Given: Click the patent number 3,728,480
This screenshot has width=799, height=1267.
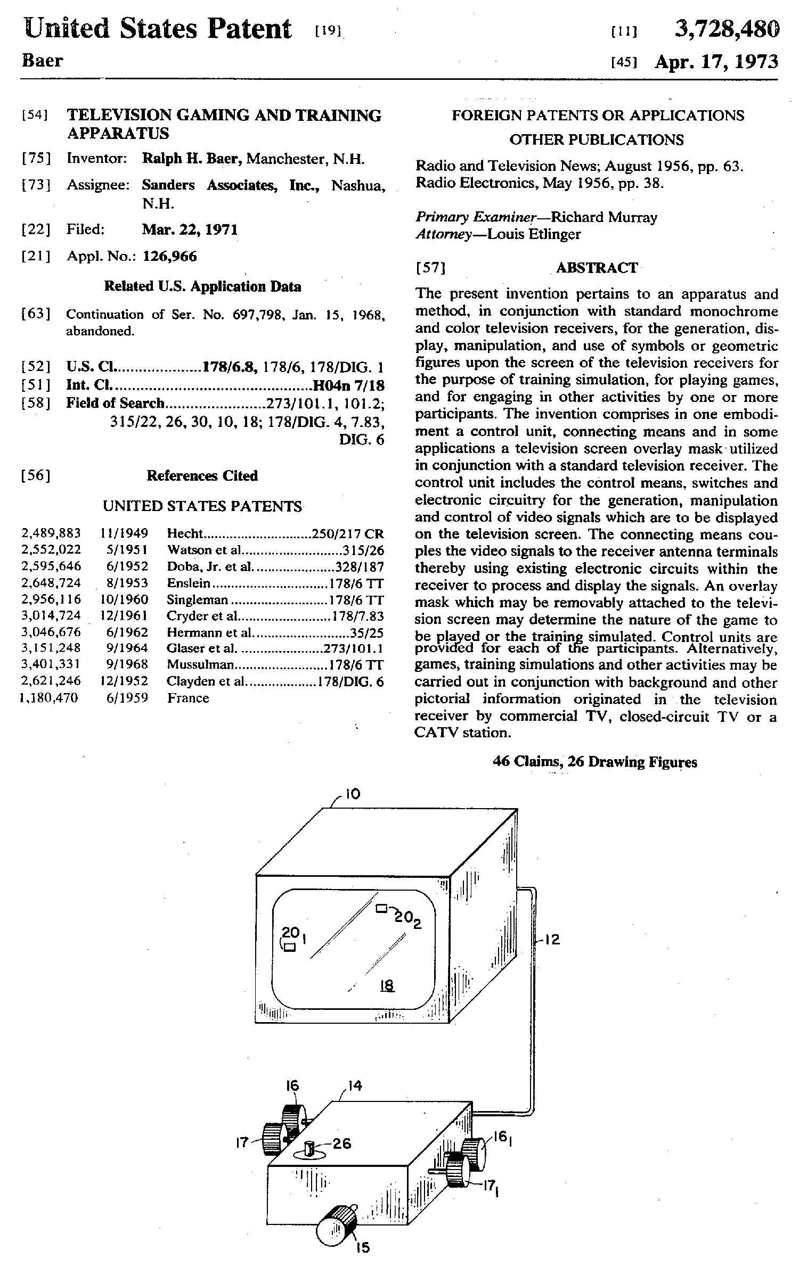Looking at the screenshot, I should [727, 29].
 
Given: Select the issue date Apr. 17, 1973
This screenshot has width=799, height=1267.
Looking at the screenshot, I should [716, 62].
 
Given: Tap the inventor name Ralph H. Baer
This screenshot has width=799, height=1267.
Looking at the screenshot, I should [192, 159].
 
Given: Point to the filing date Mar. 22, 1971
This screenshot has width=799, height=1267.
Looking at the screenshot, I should [190, 230].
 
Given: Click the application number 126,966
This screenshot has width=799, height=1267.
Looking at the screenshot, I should [169, 257].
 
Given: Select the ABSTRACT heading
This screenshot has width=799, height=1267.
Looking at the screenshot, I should [597, 268].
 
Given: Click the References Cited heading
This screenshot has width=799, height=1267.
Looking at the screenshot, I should [202, 476].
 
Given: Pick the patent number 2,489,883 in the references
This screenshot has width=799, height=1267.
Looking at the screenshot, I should [51, 533].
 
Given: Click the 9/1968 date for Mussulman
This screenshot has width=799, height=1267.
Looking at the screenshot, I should [124, 665].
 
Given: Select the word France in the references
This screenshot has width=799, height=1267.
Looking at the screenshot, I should [188, 698].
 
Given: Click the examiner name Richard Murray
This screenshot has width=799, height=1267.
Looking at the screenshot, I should [604, 217].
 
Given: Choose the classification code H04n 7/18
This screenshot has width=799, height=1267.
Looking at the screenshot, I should [348, 385].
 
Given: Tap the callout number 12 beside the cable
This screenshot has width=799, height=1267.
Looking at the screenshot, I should [552, 940].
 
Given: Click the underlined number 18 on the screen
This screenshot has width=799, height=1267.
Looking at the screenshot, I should [387, 986].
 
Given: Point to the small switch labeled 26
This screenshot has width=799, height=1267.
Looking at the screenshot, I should [311, 1150].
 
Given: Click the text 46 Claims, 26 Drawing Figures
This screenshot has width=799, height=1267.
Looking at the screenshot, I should [595, 762].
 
